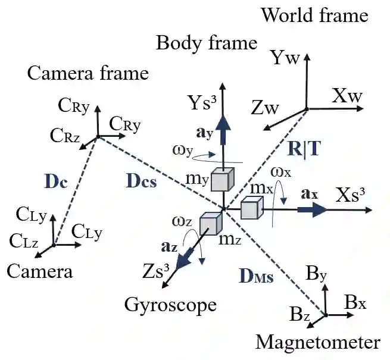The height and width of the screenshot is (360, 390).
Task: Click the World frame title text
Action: pos(315,15)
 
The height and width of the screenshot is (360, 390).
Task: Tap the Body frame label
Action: pos(207,43)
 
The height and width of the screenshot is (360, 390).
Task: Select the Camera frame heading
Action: pos(88,73)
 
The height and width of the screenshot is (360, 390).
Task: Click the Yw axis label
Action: pos(285,58)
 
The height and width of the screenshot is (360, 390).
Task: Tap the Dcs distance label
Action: pos(142,181)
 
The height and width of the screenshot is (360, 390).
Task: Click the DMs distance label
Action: pos(256,277)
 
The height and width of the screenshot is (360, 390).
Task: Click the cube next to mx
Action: pos(251,209)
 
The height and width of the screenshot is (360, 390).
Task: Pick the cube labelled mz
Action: pos(210,223)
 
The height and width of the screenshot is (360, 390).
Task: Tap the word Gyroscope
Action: pos(170,305)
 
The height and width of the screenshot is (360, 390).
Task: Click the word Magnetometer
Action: pos(317,343)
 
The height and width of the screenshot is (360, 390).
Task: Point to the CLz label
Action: pos(23,241)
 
